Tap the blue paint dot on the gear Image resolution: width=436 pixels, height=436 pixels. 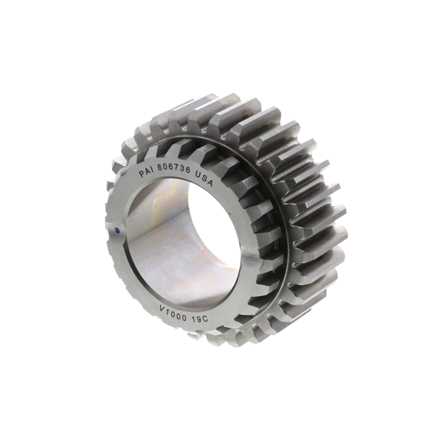[x=118, y=230]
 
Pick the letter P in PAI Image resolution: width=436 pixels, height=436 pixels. [x=142, y=174]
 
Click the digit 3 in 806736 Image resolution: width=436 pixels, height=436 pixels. [x=181, y=168]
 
